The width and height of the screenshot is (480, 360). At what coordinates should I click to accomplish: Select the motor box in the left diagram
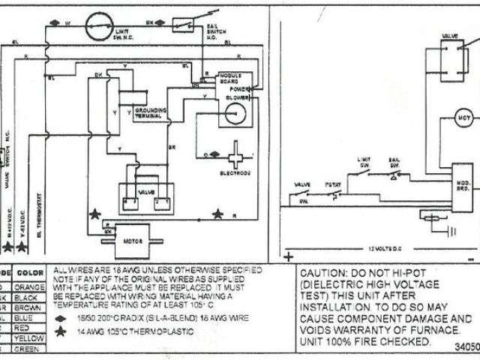(133, 239)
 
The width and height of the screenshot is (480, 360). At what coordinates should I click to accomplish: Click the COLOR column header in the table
(30, 272)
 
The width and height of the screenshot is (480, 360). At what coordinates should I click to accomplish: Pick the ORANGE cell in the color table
(31, 285)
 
